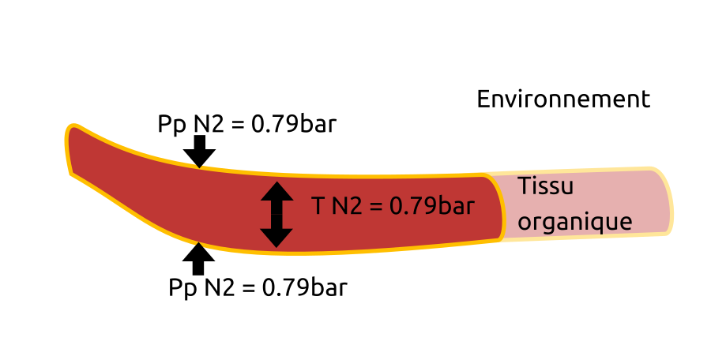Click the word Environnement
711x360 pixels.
click(563, 99)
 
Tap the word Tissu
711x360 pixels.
click(545, 187)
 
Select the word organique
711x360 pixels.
click(574, 221)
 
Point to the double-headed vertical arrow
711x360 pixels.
click(276, 214)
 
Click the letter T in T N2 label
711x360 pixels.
click(318, 206)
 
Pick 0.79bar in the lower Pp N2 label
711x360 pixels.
click(304, 287)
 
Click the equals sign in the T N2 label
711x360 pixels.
click(376, 207)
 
